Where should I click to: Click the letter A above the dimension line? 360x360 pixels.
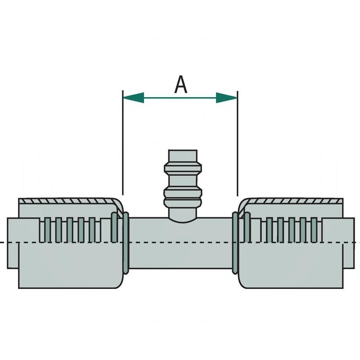coord(180,85)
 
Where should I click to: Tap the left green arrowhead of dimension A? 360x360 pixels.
coord(133,98)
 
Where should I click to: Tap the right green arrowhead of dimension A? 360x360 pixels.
coord(227,98)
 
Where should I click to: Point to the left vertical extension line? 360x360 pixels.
coord(123,144)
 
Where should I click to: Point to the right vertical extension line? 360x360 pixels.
coord(237,144)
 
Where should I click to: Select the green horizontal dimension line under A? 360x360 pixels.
coord(180,98)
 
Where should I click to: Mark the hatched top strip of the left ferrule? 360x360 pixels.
coord(67,201)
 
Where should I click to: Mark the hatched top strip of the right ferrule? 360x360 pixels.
coord(292,201)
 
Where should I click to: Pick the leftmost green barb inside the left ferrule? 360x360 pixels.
coord(45,229)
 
